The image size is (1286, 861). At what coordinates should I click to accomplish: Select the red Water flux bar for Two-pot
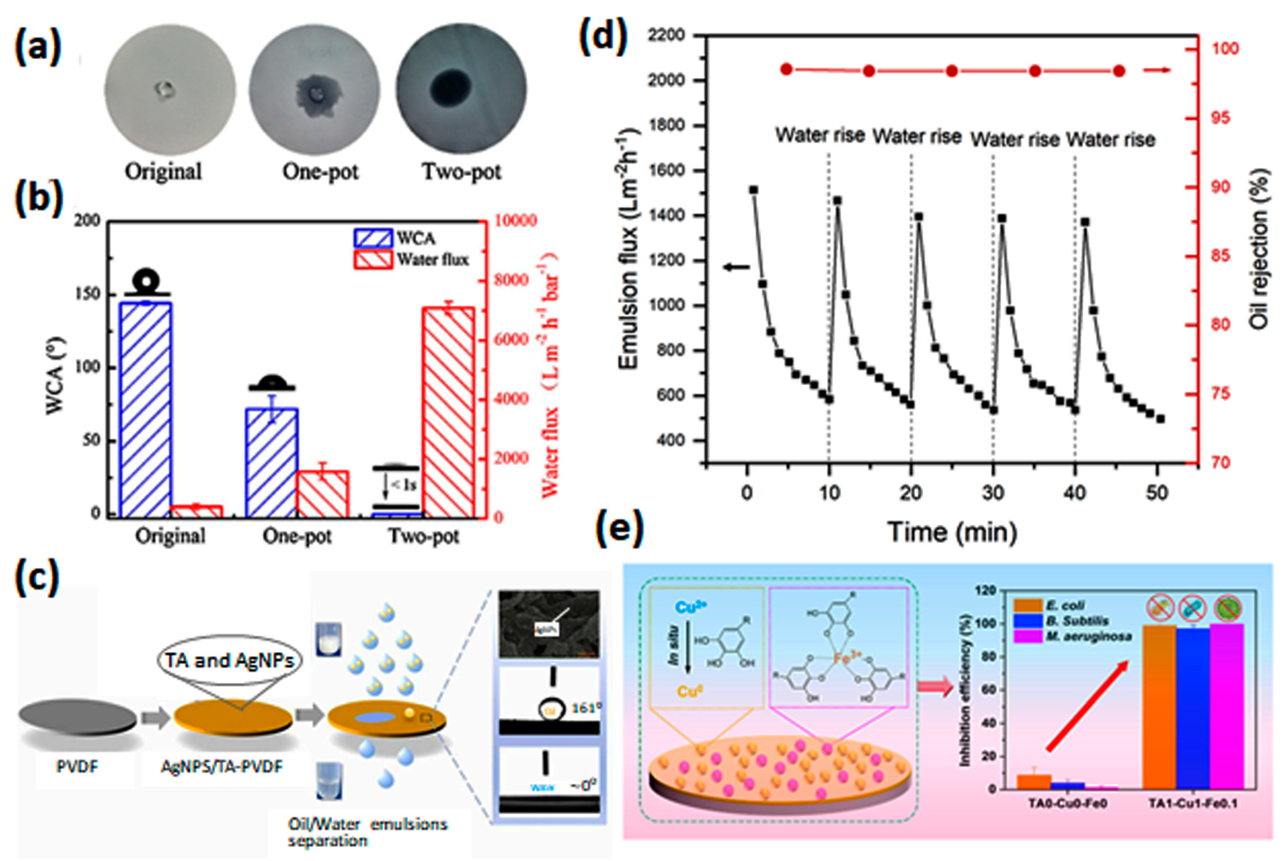449,412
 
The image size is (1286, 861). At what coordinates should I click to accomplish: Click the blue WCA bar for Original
145,409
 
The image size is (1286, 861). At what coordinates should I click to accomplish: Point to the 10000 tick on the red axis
516,221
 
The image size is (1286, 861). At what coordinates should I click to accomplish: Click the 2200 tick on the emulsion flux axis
666,36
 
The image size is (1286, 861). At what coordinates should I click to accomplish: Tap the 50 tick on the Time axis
1156,493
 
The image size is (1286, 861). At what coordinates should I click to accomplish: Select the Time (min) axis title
952,531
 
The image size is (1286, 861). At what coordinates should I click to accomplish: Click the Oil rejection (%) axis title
1260,248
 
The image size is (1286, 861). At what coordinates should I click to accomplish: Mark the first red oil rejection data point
787,69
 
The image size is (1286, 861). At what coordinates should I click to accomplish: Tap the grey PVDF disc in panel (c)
77,717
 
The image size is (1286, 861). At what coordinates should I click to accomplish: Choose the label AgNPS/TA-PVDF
222,766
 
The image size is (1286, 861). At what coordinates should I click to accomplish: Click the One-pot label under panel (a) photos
321,172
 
